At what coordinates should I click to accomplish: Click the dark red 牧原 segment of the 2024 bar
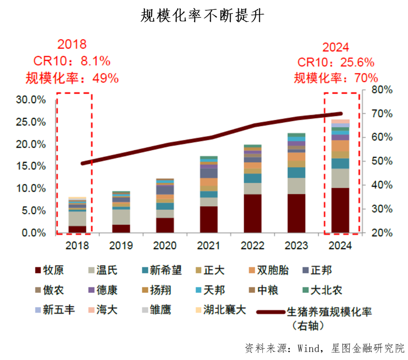coord(340,210)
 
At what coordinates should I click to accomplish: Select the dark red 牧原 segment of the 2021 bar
coord(208,219)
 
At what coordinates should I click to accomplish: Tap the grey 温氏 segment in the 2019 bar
coord(121,217)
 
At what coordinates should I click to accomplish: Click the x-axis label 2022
coord(252,246)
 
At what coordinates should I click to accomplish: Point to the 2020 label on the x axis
coord(165,246)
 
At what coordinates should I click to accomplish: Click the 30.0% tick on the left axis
coord(31,100)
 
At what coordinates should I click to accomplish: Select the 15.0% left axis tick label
coord(31,167)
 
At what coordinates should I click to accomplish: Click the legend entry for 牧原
coord(50,270)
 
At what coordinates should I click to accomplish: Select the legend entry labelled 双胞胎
coord(267,270)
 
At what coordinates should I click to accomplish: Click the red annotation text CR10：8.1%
coord(72,61)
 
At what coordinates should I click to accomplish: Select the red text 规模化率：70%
coord(336,78)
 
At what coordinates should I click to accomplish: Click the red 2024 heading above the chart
coord(336,47)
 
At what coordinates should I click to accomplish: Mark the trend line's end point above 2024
coord(341,113)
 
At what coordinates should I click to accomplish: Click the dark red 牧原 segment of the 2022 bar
coord(252,213)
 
